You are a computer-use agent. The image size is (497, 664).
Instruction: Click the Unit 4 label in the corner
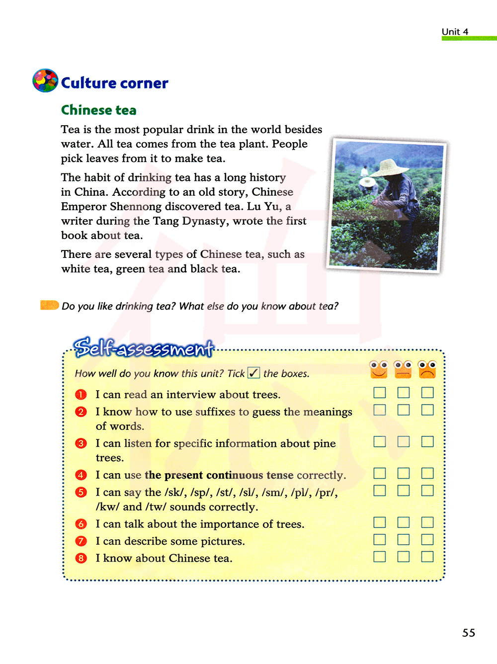(x=455, y=32)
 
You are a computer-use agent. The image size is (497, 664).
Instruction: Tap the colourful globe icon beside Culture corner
(x=45, y=81)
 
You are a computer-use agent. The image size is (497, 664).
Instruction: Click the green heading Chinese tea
(x=98, y=110)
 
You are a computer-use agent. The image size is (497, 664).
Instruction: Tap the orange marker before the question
(x=49, y=305)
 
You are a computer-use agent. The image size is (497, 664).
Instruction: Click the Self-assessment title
(x=143, y=348)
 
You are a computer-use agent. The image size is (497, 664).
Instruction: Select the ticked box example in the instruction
(x=253, y=373)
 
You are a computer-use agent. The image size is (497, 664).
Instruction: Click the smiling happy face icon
(x=379, y=369)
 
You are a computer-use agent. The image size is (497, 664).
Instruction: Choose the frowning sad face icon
(x=427, y=369)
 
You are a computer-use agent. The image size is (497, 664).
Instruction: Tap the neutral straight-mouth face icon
(x=403, y=369)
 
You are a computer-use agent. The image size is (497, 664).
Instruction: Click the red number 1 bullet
(x=81, y=395)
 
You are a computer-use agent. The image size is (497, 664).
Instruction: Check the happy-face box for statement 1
(x=380, y=393)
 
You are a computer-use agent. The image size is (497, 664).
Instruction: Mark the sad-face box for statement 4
(x=427, y=473)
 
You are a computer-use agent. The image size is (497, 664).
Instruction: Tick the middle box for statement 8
(x=404, y=556)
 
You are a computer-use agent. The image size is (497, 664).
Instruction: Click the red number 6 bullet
(x=81, y=524)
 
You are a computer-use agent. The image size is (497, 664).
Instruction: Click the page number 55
(x=469, y=633)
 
